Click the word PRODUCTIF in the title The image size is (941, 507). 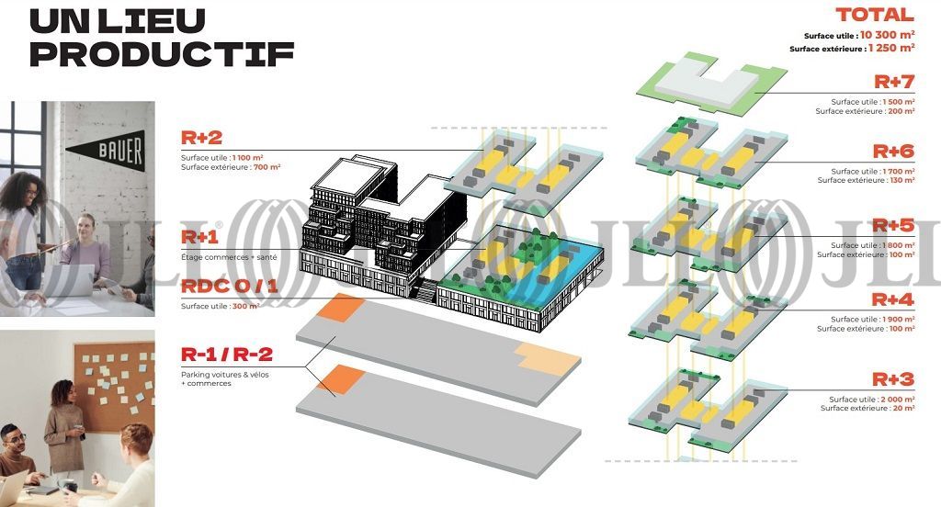[162, 52]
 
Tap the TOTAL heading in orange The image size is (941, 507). [874, 15]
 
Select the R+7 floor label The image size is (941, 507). [893, 82]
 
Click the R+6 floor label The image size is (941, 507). [893, 151]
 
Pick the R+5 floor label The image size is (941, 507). [893, 225]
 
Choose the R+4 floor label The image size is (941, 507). [893, 299]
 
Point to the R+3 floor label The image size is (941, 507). [893, 378]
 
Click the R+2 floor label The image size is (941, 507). [201, 139]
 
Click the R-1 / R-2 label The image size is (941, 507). [227, 355]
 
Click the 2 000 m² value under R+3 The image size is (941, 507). [896, 400]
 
